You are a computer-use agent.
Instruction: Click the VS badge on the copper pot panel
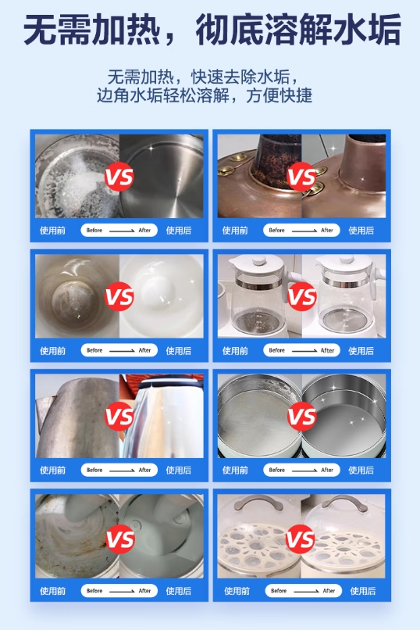tap(301, 177)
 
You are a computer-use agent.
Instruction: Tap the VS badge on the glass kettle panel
tap(301, 296)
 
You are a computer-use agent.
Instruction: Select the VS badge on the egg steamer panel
tap(300, 539)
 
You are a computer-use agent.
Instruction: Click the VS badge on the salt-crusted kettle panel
tap(119, 177)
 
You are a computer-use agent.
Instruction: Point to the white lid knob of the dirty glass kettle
tap(258, 260)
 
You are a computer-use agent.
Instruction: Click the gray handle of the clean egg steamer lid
tap(344, 503)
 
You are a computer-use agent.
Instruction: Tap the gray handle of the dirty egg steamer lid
tap(258, 503)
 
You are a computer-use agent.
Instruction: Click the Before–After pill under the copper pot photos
tap(301, 231)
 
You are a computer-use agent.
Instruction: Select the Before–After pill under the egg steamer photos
tap(303, 591)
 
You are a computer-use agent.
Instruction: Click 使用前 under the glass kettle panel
tap(235, 351)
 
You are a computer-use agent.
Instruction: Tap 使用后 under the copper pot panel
tap(361, 231)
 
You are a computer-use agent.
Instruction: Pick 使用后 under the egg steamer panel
tap(363, 591)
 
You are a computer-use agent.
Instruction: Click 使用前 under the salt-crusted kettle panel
tap(52, 231)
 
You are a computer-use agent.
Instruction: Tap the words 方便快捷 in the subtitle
tap(279, 95)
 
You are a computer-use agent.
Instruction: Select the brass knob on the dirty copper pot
tap(226, 170)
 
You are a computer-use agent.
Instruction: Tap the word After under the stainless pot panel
tap(327, 470)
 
